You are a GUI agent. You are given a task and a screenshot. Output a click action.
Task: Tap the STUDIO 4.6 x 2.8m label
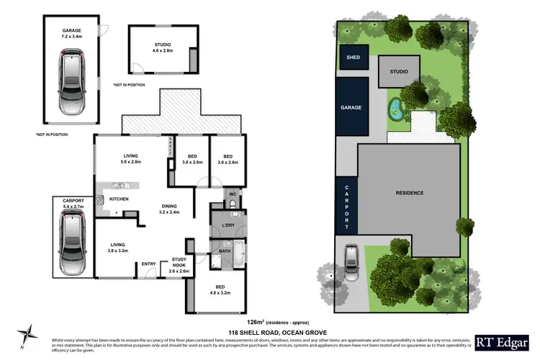[x=162, y=48]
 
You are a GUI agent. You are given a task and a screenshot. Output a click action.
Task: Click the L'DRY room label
[x=229, y=225]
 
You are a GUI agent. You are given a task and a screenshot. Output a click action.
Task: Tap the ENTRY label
[x=149, y=264]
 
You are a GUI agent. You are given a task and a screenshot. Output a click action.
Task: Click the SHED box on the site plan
[x=353, y=58]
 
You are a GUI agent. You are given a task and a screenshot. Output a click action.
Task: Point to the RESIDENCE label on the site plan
[x=409, y=192]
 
